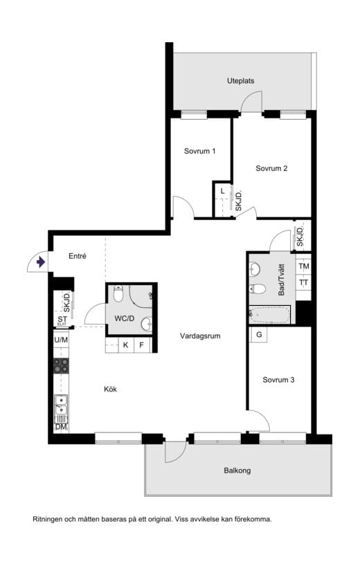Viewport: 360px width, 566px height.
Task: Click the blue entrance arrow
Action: pos(41,262)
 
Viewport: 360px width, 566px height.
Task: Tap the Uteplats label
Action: pos(240,81)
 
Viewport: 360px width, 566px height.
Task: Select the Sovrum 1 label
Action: pos(199,151)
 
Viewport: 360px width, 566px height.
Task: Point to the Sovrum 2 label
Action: pos(271,168)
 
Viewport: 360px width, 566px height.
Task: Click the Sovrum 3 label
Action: pos(278,380)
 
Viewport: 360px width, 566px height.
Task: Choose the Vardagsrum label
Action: pos(200,336)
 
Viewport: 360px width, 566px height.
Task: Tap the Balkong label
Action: pos(237,471)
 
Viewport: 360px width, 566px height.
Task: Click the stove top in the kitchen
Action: pos(61,365)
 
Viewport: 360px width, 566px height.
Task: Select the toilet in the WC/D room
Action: pos(118,293)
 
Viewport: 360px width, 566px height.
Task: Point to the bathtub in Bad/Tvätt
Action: pos(270,315)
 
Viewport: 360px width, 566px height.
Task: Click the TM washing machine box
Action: pos(304,266)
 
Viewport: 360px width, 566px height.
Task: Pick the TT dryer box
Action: pos(304,282)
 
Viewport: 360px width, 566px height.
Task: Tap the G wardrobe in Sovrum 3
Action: pos(259,335)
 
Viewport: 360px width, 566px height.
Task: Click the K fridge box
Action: pos(126,345)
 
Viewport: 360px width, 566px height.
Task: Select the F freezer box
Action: pos(141,345)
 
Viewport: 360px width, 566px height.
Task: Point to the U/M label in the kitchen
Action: pos(61,340)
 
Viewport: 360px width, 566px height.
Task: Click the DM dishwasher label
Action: pos(61,427)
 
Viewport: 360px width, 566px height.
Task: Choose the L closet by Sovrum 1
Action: pos(222,191)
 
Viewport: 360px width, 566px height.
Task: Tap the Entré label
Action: pos(78,256)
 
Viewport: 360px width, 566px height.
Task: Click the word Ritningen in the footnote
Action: pos(48,520)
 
